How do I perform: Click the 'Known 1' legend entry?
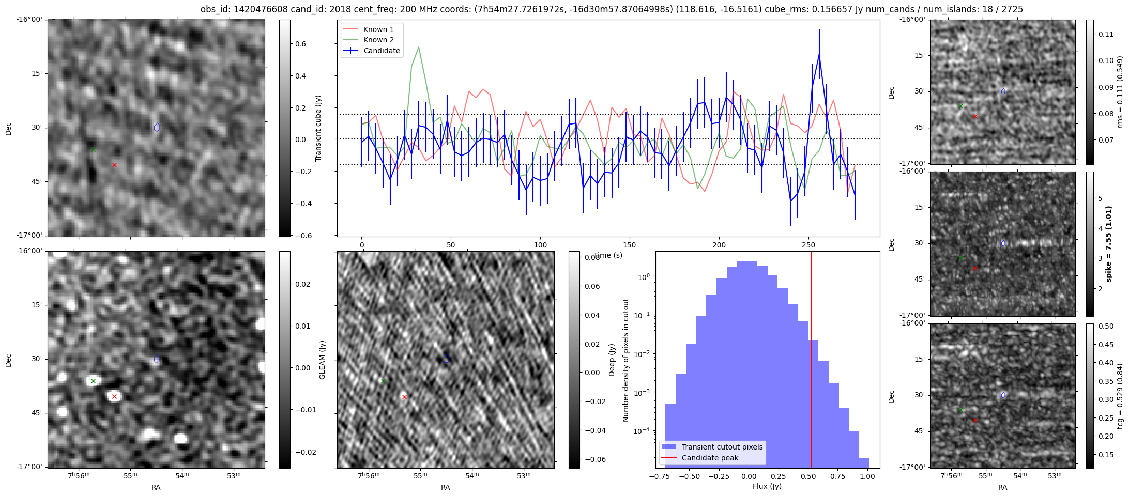378,29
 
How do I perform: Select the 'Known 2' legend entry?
378,40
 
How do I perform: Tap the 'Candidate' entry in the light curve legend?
382,51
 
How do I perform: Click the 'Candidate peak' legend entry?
710,458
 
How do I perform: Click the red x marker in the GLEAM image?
114,397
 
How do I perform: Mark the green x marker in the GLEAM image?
93,381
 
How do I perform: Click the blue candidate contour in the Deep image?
446,359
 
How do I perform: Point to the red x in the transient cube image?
114,165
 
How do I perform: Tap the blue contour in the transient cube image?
157,127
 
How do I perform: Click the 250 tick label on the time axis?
808,245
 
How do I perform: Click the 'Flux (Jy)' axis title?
767,486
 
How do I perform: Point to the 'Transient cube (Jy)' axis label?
318,128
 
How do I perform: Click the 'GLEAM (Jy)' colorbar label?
323,360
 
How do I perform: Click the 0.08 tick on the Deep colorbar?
592,257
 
